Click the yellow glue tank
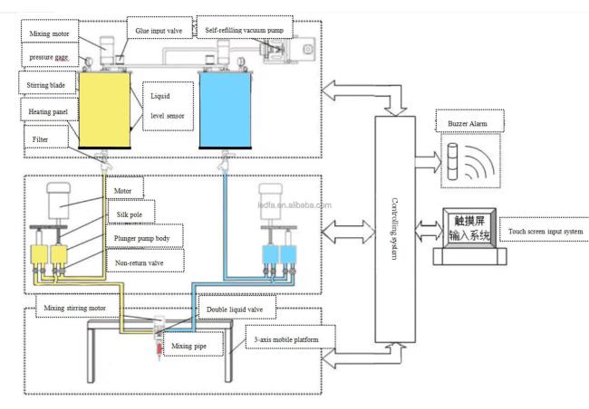click(x=106, y=109)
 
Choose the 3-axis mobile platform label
click(x=286, y=341)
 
